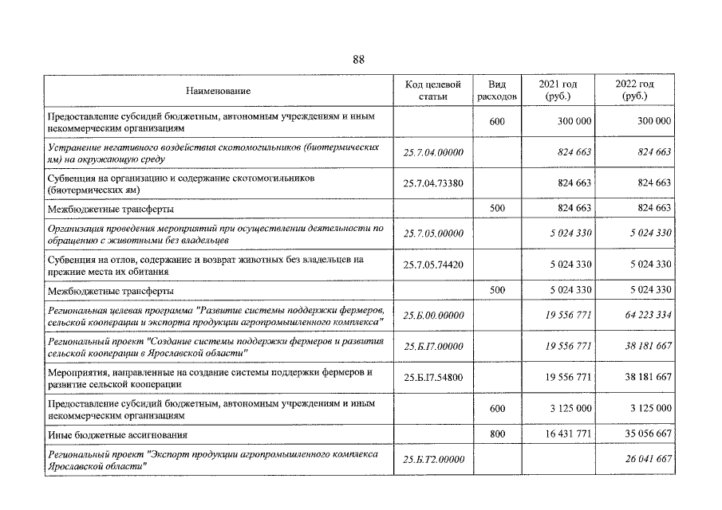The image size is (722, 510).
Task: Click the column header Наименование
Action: coord(219,91)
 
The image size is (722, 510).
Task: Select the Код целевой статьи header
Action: coord(433,90)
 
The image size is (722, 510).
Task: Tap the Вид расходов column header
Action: coord(496,90)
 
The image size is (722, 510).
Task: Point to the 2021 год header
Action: coord(558,90)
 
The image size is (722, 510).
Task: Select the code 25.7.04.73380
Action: coord(433,183)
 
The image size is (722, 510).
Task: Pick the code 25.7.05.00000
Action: coord(433,233)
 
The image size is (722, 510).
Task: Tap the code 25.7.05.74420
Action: coord(433,264)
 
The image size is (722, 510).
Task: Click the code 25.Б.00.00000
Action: coord(433,315)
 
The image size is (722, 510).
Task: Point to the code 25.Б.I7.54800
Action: coord(433,377)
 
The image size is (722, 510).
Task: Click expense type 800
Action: coord(496,434)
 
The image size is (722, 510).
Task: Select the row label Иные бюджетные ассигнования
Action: coord(117,435)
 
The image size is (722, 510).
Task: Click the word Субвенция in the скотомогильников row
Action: coord(69,178)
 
